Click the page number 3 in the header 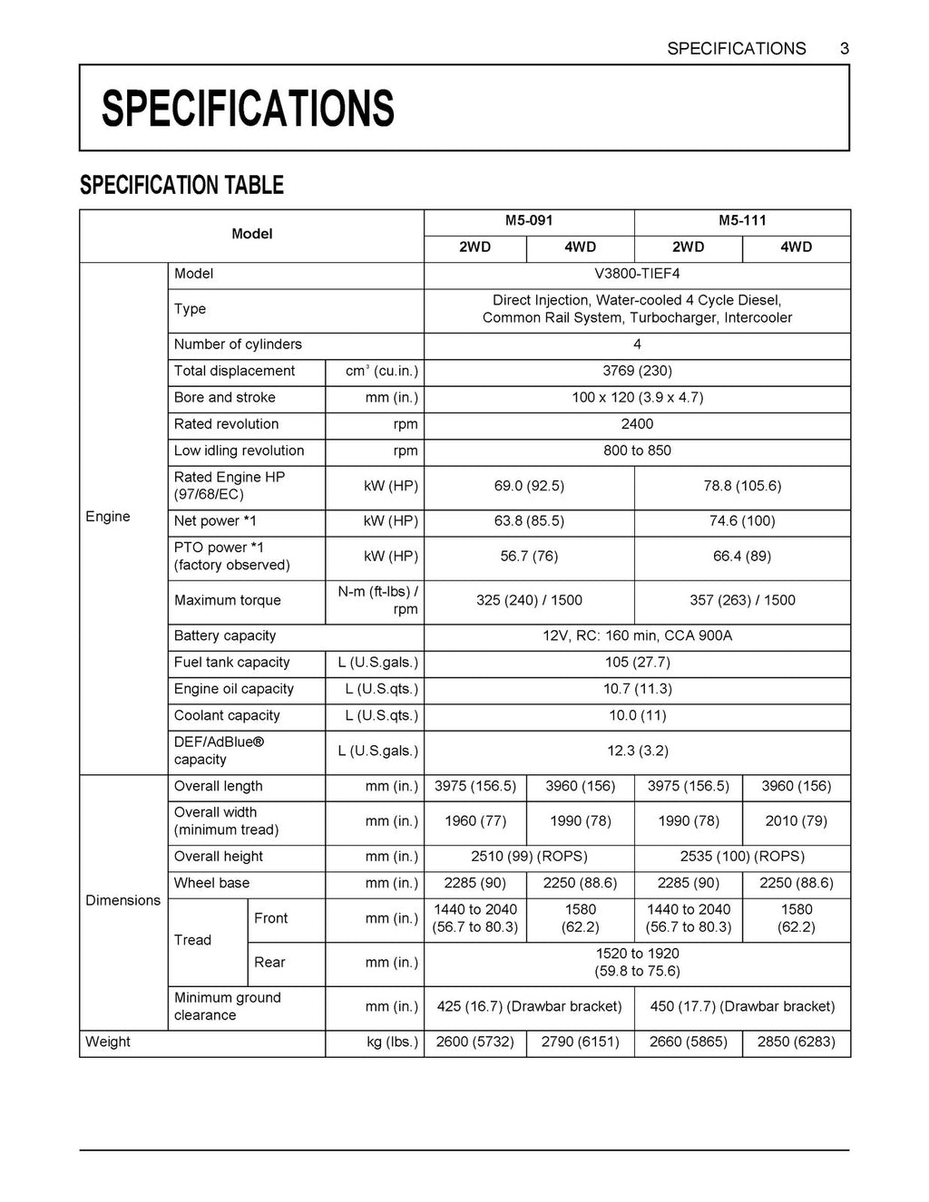tap(844, 49)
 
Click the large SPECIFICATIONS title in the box tap(248, 109)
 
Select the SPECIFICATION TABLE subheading tap(181, 186)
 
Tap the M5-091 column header tap(529, 221)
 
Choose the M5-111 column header tap(742, 221)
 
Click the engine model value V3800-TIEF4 tap(637, 274)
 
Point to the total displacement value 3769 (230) tap(637, 371)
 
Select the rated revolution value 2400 tap(637, 424)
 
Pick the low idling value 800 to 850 tap(637, 451)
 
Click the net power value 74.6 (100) tap(742, 521)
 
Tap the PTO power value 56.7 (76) tap(529, 557)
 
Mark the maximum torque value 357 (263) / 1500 tap(742, 600)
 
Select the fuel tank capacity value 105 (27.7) tap(637, 663)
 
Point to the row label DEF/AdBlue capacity tap(219, 751)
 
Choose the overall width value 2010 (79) tap(796, 821)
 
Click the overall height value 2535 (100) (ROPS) tap(742, 857)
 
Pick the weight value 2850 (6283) tap(796, 1042)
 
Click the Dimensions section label tap(122, 900)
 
